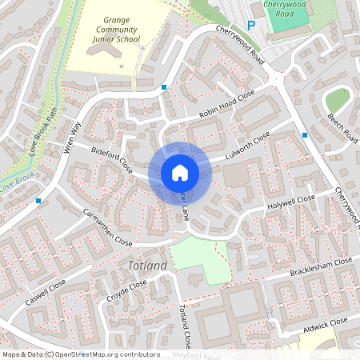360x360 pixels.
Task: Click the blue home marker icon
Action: coord(180,172)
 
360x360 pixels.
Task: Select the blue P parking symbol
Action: coord(250,26)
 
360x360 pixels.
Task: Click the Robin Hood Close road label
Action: coord(226,105)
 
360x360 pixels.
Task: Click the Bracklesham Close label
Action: coord(322,266)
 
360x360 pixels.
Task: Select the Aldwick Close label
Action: coord(326,326)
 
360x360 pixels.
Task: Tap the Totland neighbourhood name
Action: coord(147,265)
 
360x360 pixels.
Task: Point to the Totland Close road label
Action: coord(185,326)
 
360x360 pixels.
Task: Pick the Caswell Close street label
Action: coord(46,297)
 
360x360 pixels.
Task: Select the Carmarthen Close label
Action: coord(108,227)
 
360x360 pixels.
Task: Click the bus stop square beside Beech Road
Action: coord(305,135)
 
